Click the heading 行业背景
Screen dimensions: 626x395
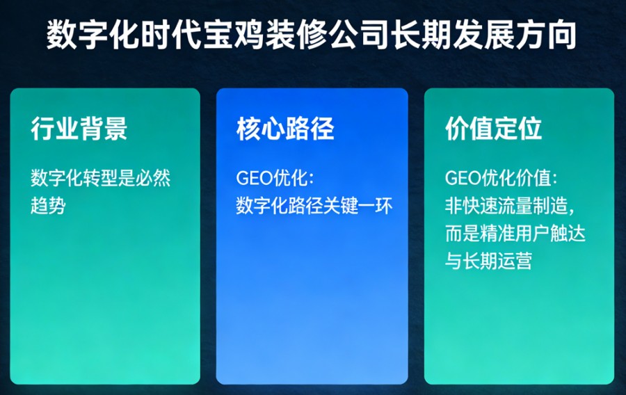pos(79,129)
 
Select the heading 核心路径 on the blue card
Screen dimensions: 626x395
pos(285,129)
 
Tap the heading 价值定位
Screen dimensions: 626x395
pos(493,129)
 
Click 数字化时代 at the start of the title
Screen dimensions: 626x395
pos(124,35)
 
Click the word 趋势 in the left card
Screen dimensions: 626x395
pos(48,206)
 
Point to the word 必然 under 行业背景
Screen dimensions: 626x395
pos(153,178)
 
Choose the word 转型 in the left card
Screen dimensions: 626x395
pos(101,178)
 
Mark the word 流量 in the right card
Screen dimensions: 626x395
pos(515,206)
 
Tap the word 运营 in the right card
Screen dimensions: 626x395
pos(515,261)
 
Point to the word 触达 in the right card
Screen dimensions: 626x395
pos(568,234)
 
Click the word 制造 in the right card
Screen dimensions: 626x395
pos(550,206)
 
